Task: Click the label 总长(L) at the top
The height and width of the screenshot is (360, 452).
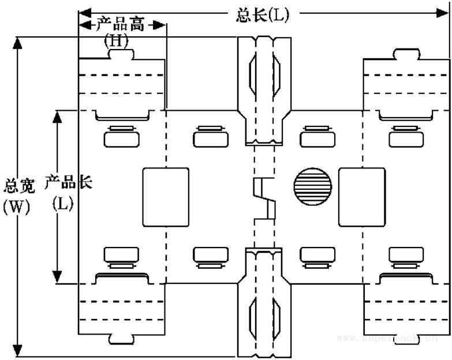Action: click(x=262, y=14)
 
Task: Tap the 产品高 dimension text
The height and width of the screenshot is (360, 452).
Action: click(x=121, y=25)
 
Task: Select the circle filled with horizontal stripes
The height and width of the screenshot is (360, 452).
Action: click(x=313, y=187)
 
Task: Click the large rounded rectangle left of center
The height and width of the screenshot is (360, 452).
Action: click(x=166, y=196)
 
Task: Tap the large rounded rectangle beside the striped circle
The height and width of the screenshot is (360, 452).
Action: click(x=361, y=196)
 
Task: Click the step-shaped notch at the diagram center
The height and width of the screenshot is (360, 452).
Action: click(x=265, y=198)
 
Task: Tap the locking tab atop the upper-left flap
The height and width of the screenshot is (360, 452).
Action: click(x=122, y=54)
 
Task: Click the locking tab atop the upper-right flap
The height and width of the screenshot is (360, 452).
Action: click(x=406, y=54)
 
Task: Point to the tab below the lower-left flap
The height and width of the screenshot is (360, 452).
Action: click(x=122, y=337)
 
